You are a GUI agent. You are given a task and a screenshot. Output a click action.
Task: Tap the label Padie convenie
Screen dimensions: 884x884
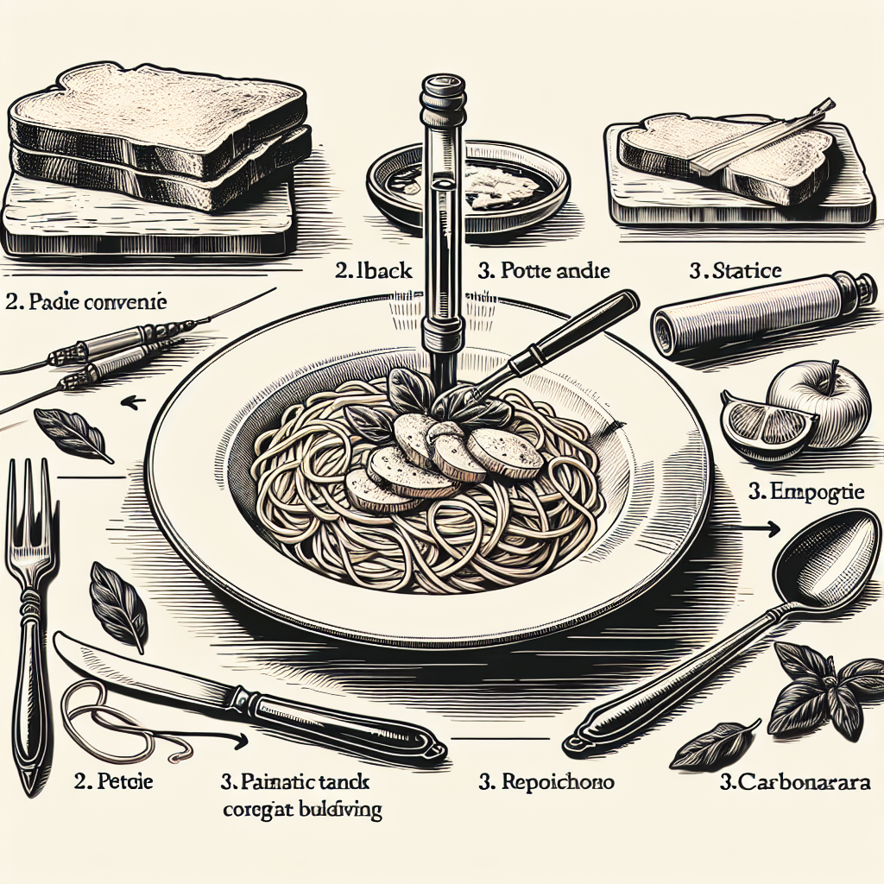85,303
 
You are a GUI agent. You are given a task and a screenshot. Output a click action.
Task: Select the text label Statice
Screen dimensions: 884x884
735,271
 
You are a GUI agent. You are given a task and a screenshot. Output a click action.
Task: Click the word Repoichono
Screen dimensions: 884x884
546,783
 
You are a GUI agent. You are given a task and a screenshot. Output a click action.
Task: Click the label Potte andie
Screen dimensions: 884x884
543,271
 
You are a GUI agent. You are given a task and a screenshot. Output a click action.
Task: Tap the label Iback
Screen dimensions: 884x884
373,271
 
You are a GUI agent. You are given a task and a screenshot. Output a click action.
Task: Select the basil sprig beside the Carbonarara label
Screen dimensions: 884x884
816,691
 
